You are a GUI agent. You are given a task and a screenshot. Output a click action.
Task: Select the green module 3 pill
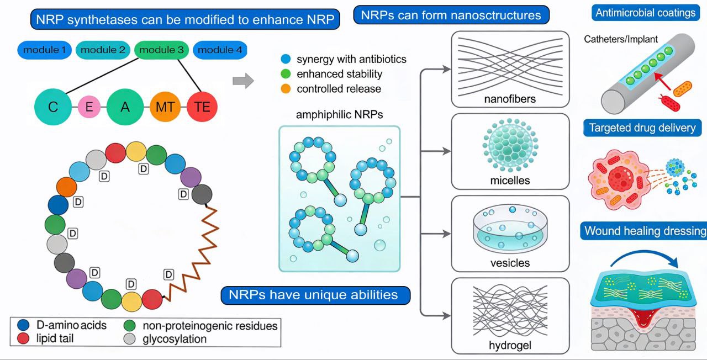coord(161,50)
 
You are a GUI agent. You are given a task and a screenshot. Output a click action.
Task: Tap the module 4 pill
coord(219,50)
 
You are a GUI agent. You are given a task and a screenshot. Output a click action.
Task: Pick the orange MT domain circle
coord(165,107)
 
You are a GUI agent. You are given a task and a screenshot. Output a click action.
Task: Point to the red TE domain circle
coord(202,107)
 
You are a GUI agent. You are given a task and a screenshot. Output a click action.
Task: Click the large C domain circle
coord(53,107)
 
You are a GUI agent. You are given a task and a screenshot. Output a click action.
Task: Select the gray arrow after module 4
coord(243,82)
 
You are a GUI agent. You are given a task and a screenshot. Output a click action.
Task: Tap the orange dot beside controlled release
coord(285,88)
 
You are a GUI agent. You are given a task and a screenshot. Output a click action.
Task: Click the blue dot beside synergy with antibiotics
coord(285,59)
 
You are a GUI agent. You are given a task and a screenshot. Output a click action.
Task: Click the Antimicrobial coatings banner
coord(645,13)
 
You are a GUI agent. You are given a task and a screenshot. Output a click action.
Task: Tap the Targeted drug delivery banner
coord(642,128)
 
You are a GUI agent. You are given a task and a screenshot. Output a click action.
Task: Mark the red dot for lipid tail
coord(23,338)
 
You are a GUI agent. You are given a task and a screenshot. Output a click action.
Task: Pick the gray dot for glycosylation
coord(130,338)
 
